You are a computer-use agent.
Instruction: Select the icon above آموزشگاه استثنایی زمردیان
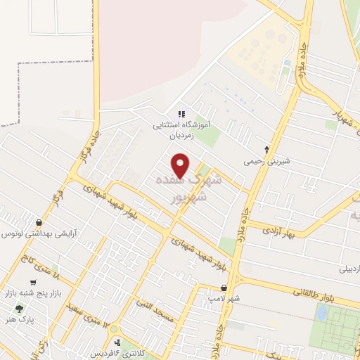coord(181,113)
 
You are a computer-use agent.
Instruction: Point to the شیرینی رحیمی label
coord(266,160)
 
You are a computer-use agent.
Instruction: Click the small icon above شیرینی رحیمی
coord(266,148)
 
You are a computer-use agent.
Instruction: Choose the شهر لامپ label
coord(224,299)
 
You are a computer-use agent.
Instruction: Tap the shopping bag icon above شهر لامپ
coord(224,288)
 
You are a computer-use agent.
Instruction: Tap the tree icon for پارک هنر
coord(18,309)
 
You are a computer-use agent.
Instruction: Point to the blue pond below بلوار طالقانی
coord(322,312)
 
